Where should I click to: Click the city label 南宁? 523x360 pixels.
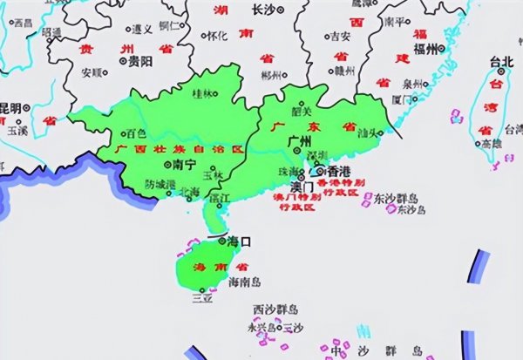pyautogui.click(x=184, y=163)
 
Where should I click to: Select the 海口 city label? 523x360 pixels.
pyautogui.click(x=239, y=241)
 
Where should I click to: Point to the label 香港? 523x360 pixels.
pyautogui.click(x=338, y=173)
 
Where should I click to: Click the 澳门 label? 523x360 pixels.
pyautogui.click(x=302, y=186)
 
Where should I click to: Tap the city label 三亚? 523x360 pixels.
pyautogui.click(x=202, y=298)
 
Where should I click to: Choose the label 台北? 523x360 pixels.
pyautogui.click(x=502, y=62)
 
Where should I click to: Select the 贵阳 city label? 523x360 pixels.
pyautogui.click(x=139, y=62)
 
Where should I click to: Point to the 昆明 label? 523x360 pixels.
pyautogui.click(x=10, y=106)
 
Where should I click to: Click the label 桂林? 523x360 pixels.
pyautogui.click(x=202, y=92)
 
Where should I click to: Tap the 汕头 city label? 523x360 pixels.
pyautogui.click(x=370, y=132)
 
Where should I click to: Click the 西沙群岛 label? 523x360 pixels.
pyautogui.click(x=275, y=309)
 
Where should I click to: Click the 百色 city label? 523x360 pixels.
pyautogui.click(x=137, y=134)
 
